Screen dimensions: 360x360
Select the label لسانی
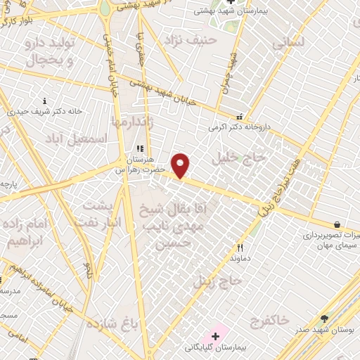click(x=288, y=41)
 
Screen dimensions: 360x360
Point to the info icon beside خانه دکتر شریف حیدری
click(x=45, y=101)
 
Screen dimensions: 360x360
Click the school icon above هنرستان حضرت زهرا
click(x=139, y=149)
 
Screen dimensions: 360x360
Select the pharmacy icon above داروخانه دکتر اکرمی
click(x=240, y=117)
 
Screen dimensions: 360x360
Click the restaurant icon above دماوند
click(x=240, y=247)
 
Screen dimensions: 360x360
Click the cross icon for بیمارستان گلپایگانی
click(x=215, y=336)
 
